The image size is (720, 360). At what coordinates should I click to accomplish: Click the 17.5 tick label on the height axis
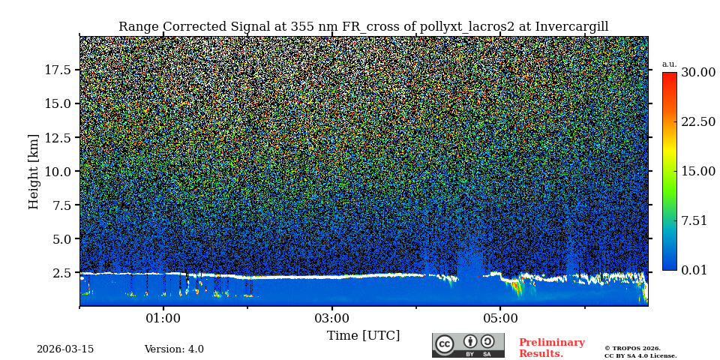pyautogui.click(x=57, y=70)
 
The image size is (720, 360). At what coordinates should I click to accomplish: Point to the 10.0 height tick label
pyautogui.click(x=57, y=171)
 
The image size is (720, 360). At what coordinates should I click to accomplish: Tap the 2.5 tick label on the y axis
pyautogui.click(x=61, y=273)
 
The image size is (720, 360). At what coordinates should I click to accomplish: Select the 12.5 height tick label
pyautogui.click(x=57, y=137)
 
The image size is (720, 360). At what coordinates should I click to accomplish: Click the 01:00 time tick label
pyautogui.click(x=163, y=318)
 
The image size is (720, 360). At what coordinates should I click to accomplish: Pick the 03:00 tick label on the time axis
pyautogui.click(x=331, y=318)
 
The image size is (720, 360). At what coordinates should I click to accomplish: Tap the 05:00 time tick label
pyautogui.click(x=500, y=318)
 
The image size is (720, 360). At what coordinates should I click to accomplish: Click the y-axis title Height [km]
pyautogui.click(x=34, y=171)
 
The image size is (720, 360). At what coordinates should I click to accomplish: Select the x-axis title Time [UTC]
pyautogui.click(x=363, y=335)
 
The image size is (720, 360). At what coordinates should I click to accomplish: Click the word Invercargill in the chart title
pyautogui.click(x=571, y=27)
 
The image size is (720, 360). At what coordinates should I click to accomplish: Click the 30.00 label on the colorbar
pyautogui.click(x=697, y=73)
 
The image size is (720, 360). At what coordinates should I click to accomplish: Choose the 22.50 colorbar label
pyautogui.click(x=697, y=122)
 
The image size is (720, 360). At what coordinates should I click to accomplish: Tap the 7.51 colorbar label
pyautogui.click(x=694, y=220)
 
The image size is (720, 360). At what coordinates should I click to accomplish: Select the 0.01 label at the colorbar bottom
pyautogui.click(x=694, y=270)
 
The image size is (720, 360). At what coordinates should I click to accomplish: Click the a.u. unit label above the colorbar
pyautogui.click(x=669, y=64)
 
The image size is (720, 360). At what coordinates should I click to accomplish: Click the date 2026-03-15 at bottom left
pyautogui.click(x=65, y=349)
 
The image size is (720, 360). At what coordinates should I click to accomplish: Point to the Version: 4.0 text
pyautogui.click(x=174, y=349)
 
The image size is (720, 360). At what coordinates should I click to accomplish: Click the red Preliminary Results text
pyautogui.click(x=551, y=348)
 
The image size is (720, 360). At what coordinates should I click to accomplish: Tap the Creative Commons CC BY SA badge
pyautogui.click(x=468, y=345)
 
